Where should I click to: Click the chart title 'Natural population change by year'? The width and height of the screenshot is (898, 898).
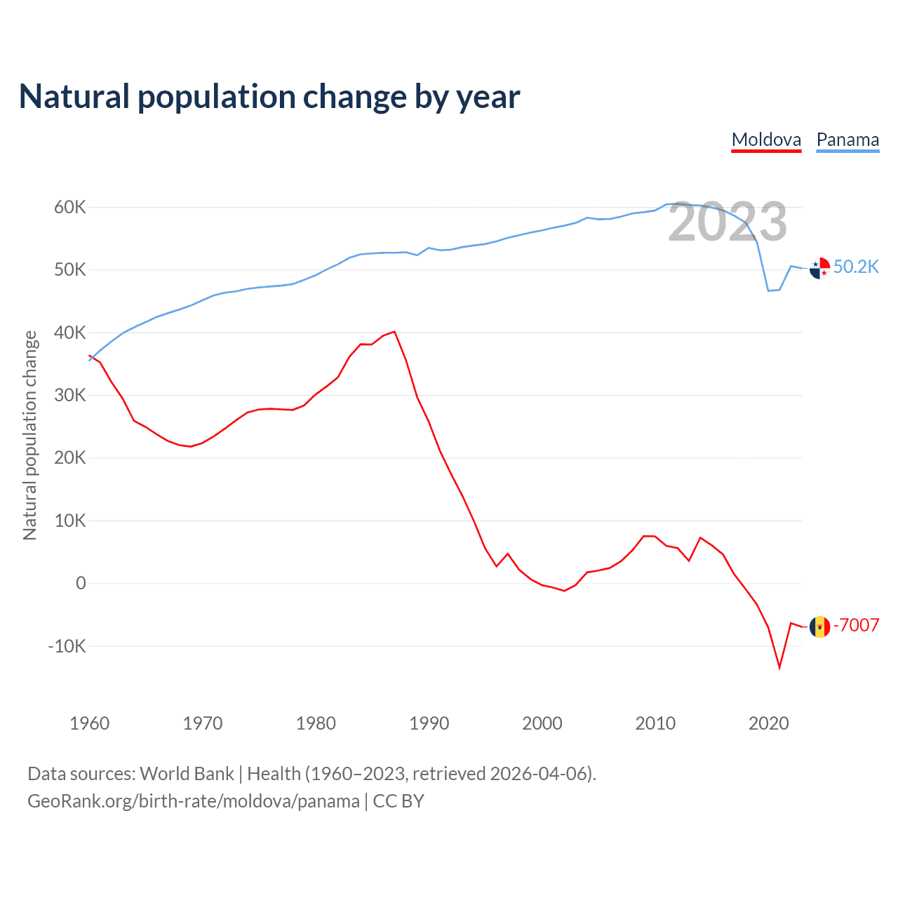[x=269, y=97]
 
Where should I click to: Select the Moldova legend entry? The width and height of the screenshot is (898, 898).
[x=766, y=140]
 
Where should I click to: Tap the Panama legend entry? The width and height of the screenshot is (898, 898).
[x=847, y=140]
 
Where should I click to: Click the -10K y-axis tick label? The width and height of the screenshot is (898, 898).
[x=67, y=646]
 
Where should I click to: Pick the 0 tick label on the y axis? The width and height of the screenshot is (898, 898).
[x=81, y=583]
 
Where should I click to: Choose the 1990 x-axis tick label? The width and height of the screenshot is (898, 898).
[x=429, y=723]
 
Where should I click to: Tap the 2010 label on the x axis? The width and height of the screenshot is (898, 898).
[x=655, y=723]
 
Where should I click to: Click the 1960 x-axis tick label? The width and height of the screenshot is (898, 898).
[x=89, y=723]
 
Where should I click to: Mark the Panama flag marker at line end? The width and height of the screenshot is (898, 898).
[x=819, y=268]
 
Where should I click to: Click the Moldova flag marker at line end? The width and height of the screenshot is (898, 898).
[x=819, y=626]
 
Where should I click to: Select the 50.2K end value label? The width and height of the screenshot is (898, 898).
[x=856, y=267]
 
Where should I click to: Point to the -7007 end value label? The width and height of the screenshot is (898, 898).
[x=856, y=625]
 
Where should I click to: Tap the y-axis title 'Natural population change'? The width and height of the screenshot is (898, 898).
[x=29, y=435]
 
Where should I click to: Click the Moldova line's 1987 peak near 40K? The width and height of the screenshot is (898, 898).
[x=394, y=332]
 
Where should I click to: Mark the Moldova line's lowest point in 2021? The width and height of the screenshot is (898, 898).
[x=779, y=667]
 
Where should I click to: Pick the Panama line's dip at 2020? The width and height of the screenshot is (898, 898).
[x=769, y=290]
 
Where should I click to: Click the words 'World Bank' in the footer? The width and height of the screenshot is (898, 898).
[x=187, y=773]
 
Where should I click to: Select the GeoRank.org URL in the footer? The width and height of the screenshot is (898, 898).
[x=194, y=801]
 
